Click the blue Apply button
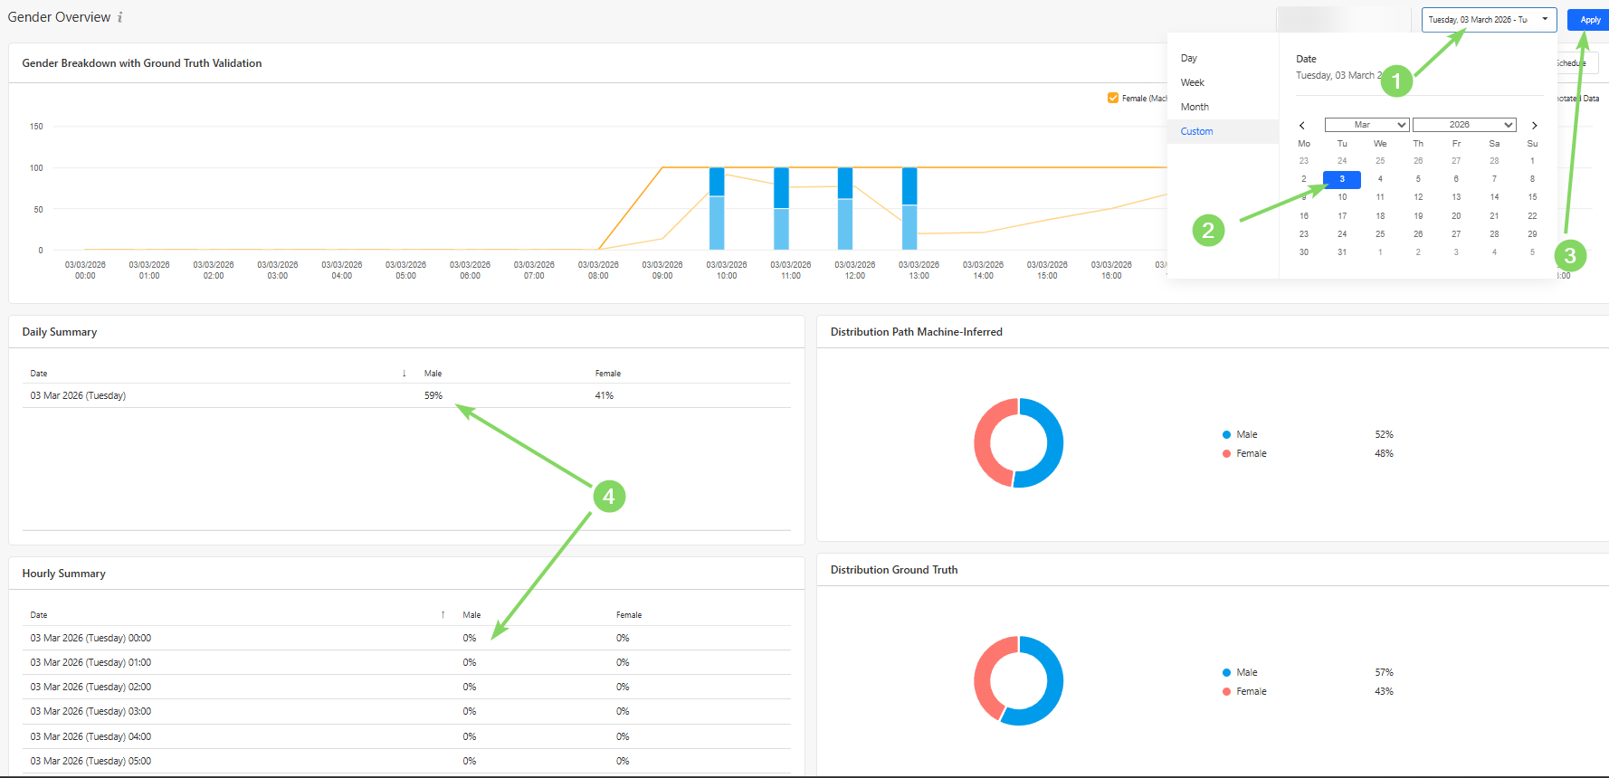[1589, 19]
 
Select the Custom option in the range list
[1196, 131]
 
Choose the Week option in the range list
[1192, 82]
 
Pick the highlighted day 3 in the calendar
[1341, 179]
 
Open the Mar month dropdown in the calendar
[1366, 125]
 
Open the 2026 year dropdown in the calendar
[1463, 125]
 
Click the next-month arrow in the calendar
[1534, 126]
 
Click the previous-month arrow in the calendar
[1302, 126]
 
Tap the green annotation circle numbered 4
[609, 496]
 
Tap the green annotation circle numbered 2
[1208, 230]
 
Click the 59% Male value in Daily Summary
[433, 395]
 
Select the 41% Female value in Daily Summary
[605, 395]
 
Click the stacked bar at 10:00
[717, 209]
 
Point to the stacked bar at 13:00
[909, 209]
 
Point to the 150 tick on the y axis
[36, 127]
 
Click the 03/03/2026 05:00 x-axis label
[405, 270]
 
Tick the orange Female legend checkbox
[1113, 98]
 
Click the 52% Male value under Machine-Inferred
[1384, 434]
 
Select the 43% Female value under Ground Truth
[1384, 691]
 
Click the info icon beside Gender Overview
[120, 17]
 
